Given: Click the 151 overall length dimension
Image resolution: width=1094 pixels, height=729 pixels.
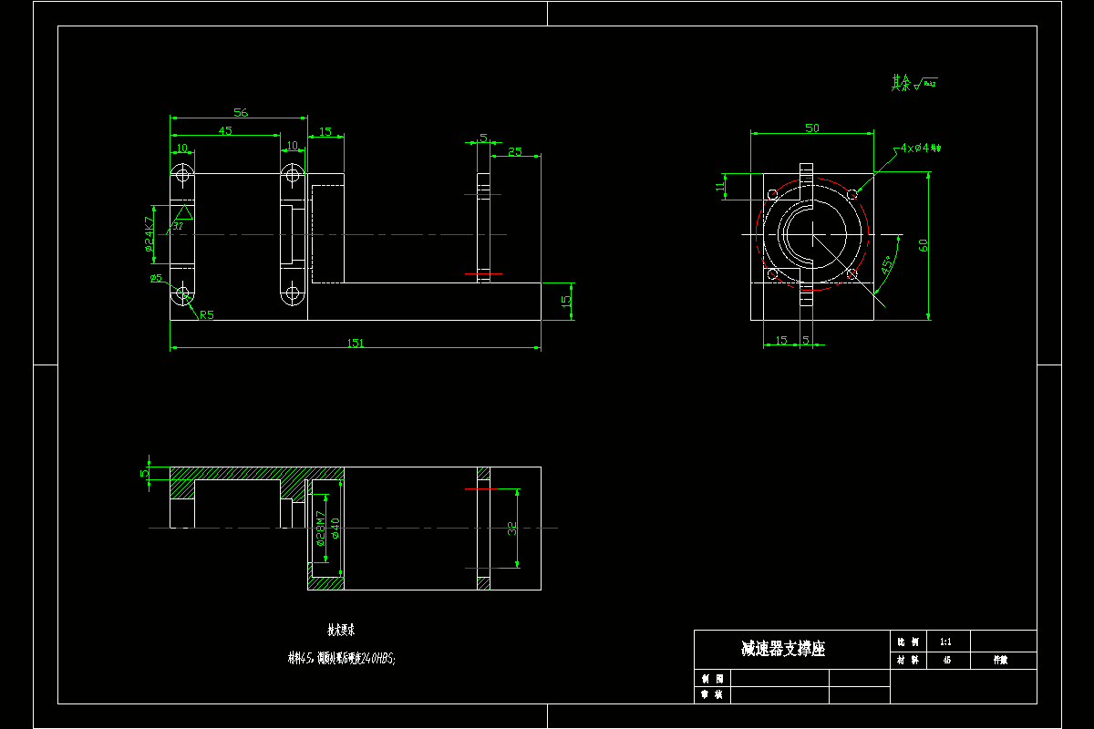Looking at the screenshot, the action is pos(356,343).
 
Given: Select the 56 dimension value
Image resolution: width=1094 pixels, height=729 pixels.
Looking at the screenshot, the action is pos(241,112).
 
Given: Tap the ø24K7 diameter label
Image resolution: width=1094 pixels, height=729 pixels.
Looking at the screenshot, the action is pos(149,233).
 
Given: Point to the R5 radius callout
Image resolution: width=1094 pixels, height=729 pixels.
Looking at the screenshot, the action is pos(207,315).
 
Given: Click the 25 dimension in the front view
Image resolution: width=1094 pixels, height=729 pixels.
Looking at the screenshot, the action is pos(515,151).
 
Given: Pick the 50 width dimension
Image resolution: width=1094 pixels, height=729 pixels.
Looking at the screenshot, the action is pos(811,128).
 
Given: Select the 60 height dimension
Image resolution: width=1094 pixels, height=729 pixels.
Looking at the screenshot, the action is pos(924,246).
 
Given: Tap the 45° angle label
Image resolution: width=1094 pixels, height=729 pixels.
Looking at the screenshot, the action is pos(887,265).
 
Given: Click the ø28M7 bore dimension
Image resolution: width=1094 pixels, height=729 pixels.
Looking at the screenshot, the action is pos(320,528).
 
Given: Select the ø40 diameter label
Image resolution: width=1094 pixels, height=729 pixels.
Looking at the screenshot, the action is pos(335,528).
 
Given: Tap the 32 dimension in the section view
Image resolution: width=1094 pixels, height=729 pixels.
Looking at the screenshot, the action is pos(512,528).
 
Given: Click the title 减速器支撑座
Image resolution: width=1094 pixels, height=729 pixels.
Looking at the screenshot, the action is pos(783,649).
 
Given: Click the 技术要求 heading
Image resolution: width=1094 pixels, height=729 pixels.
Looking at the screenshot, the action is pos(341,630).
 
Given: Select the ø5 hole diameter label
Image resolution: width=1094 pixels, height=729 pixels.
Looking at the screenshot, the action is pos(156,278).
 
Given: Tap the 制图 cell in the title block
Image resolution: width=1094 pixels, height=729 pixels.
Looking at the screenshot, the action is pos(712,679).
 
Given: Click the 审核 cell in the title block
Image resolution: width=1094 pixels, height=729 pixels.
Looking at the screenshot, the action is pos(712,695).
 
